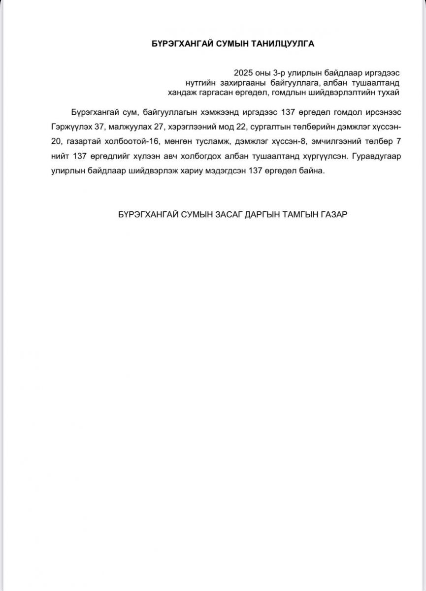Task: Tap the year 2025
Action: tap(244, 71)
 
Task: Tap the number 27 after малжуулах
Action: tap(159, 126)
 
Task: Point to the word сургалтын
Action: tap(270, 126)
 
